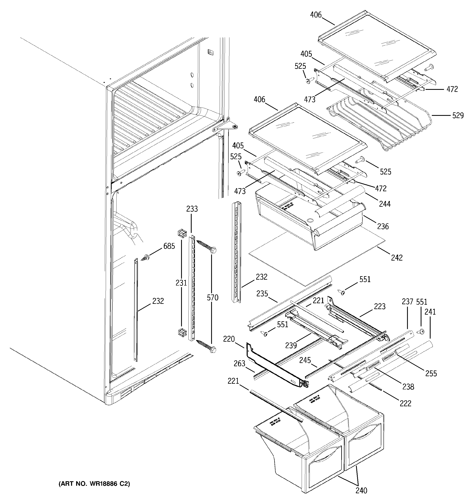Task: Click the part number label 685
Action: point(169,246)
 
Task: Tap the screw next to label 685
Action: point(146,258)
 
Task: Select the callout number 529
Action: point(458,116)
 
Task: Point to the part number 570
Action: point(212,298)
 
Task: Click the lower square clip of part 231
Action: point(182,332)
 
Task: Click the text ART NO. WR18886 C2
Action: point(94,484)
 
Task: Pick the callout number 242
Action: point(397,257)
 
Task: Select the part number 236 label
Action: point(383,226)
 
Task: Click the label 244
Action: point(385,204)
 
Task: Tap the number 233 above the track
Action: point(192,209)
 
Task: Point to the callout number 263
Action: point(239,364)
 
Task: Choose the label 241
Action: point(430,312)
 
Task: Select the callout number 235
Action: point(262,293)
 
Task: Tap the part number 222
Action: point(405,403)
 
